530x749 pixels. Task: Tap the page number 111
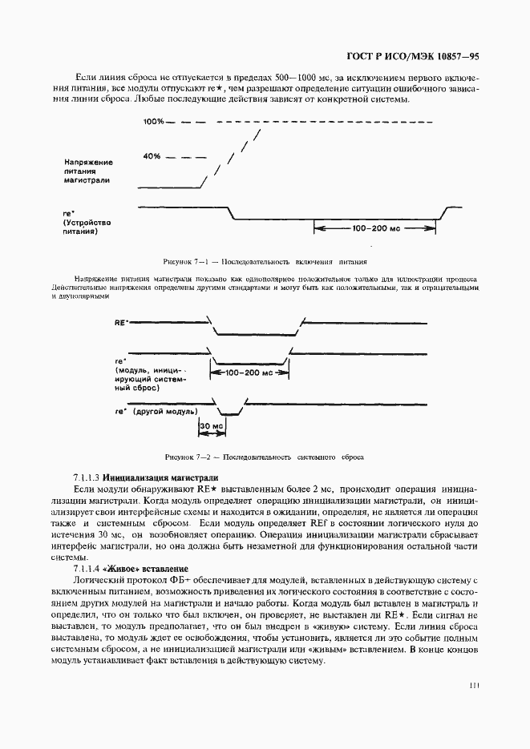(474, 686)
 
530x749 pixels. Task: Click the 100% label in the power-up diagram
(153, 122)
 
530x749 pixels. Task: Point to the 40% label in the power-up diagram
(152, 156)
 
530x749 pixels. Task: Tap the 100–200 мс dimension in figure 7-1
(374, 228)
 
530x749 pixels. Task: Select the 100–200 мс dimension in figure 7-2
(250, 373)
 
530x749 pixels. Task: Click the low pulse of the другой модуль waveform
(229, 413)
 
